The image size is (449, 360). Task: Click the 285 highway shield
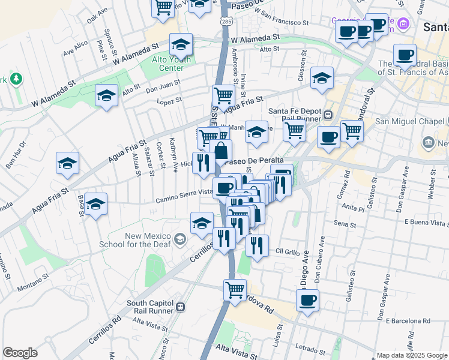(x=226, y=22)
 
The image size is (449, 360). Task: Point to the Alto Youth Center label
(x=171, y=63)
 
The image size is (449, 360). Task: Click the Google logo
(x=20, y=353)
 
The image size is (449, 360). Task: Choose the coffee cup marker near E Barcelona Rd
(x=307, y=301)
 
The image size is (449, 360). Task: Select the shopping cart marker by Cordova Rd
(x=235, y=290)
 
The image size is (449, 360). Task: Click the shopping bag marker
(x=221, y=151)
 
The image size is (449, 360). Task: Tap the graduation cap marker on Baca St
(x=95, y=205)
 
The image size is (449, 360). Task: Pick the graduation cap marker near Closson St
(x=322, y=78)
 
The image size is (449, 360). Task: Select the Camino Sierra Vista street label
(x=184, y=193)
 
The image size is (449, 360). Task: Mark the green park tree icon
(x=16, y=79)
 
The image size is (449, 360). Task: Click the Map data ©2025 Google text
(x=412, y=355)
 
